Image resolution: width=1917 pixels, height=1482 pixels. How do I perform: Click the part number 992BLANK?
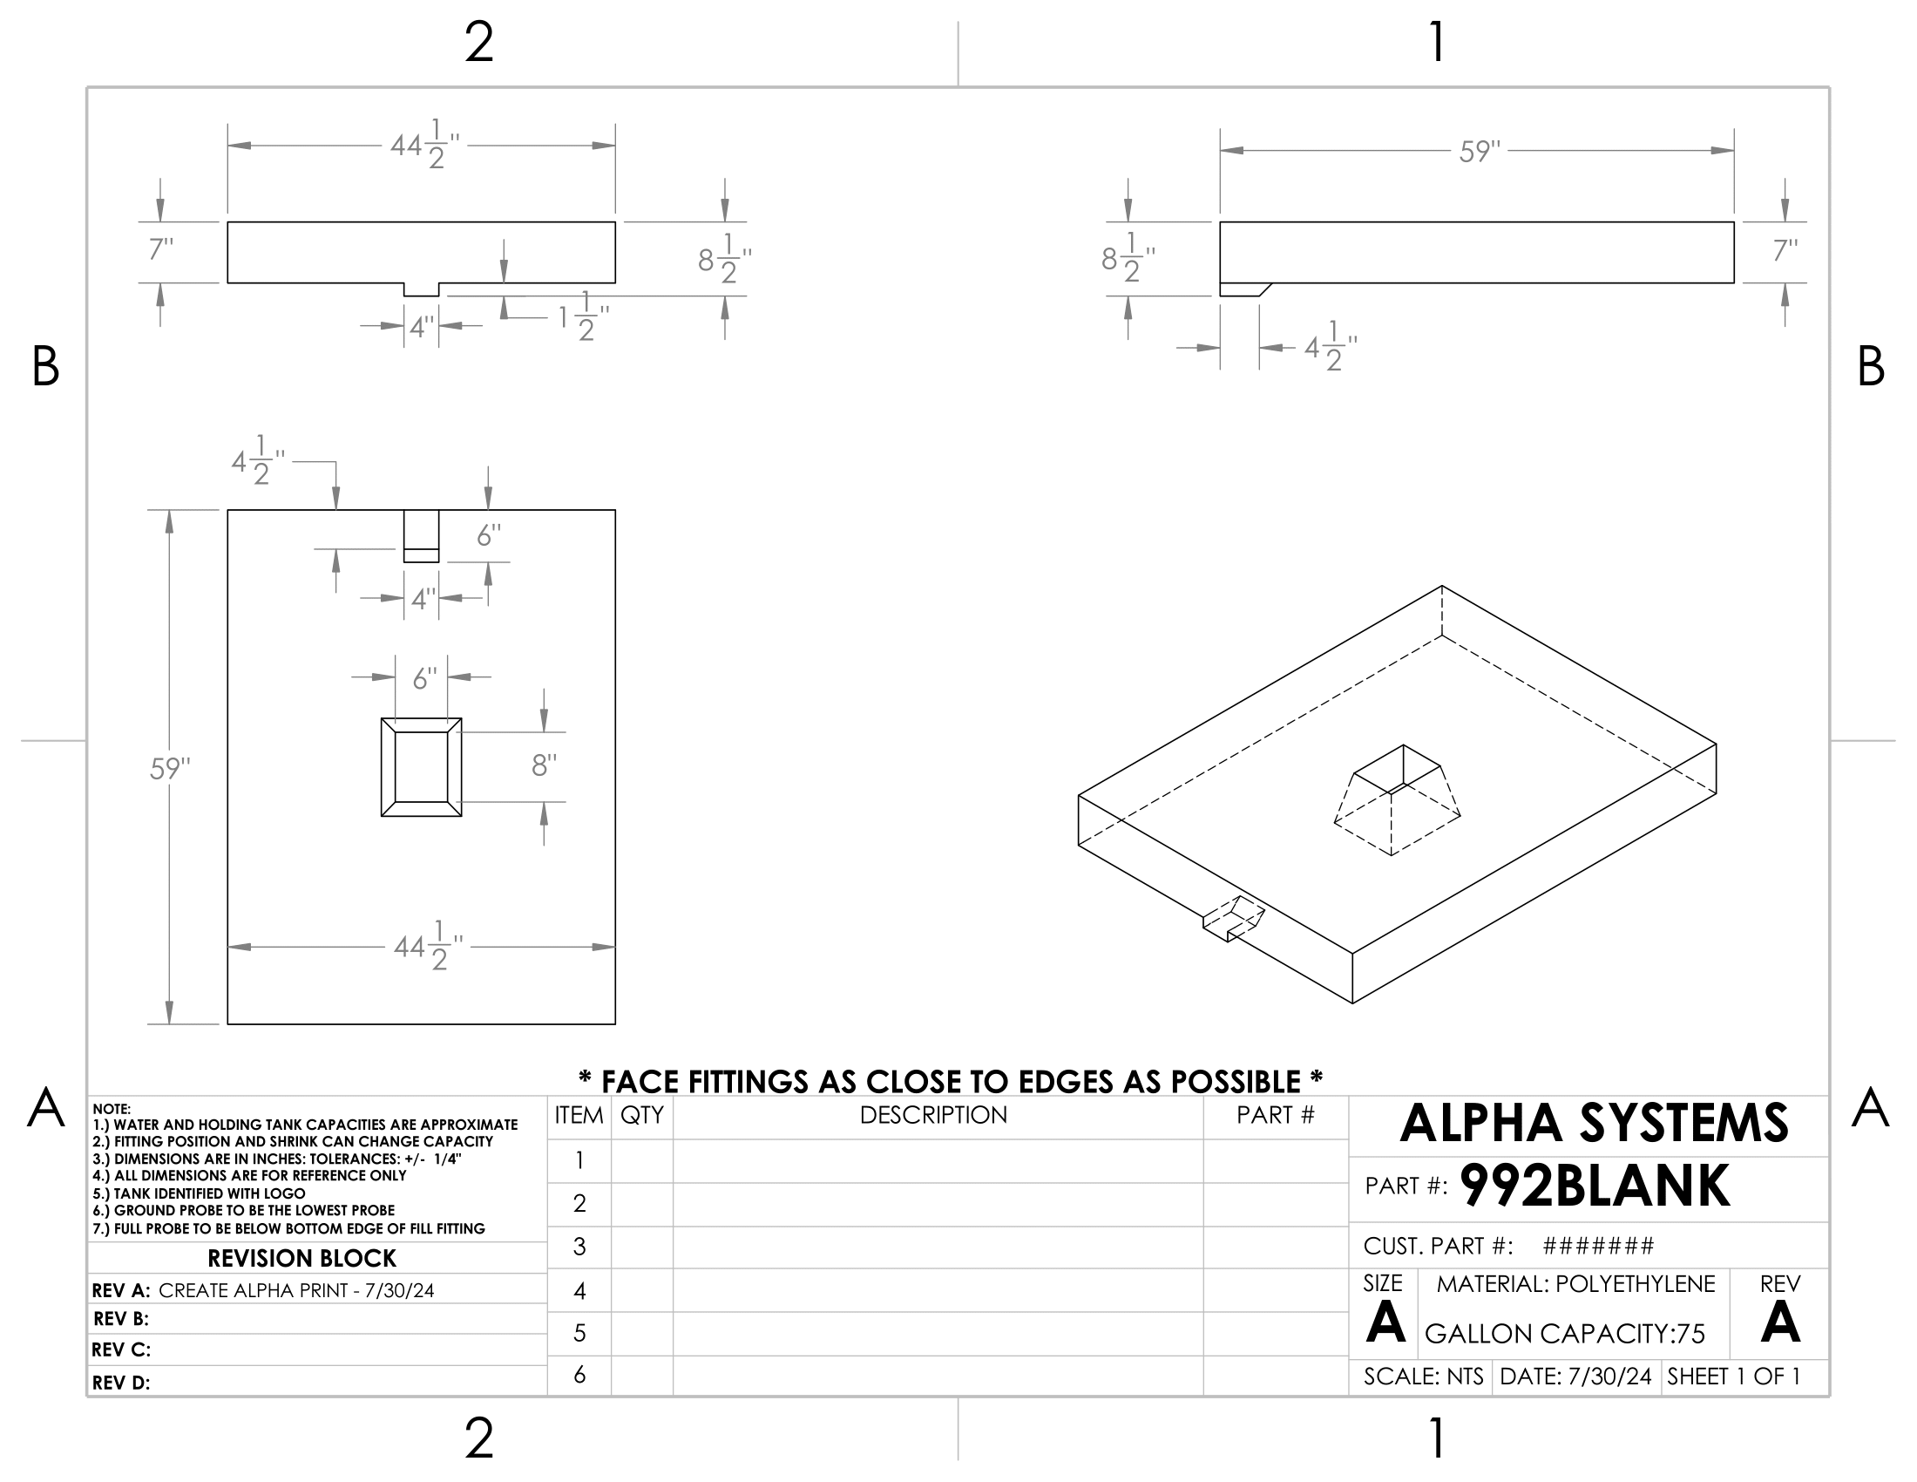point(1594,1186)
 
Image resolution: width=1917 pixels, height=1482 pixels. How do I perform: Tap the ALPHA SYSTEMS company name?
point(1593,1123)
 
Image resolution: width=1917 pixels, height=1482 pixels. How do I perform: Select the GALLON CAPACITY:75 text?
point(1564,1335)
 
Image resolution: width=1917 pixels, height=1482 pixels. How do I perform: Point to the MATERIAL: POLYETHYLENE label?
point(1575,1284)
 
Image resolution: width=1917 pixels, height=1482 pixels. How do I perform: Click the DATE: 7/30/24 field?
point(1575,1377)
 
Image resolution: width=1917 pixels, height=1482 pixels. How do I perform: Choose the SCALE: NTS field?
point(1423,1377)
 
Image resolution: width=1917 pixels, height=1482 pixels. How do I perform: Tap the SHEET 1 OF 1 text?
point(1733,1377)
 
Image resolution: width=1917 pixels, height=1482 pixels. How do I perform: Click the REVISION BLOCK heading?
point(302,1258)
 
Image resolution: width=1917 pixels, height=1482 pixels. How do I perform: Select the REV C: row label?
point(121,1349)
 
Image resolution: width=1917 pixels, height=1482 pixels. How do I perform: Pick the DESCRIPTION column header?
point(933,1115)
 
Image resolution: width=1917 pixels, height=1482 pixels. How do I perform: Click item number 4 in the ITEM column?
point(579,1290)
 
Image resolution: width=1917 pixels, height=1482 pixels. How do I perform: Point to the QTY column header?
point(641,1115)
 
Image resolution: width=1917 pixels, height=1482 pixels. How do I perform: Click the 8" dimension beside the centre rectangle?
point(545,766)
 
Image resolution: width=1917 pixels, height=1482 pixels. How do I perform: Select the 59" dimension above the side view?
point(1480,152)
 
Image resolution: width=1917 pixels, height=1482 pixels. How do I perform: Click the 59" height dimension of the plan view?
point(169,769)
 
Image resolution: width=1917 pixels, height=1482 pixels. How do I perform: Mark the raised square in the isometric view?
point(1397,799)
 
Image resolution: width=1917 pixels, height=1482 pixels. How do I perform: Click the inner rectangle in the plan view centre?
point(422,766)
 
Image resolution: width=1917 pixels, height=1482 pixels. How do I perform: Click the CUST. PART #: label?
point(1438,1246)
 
